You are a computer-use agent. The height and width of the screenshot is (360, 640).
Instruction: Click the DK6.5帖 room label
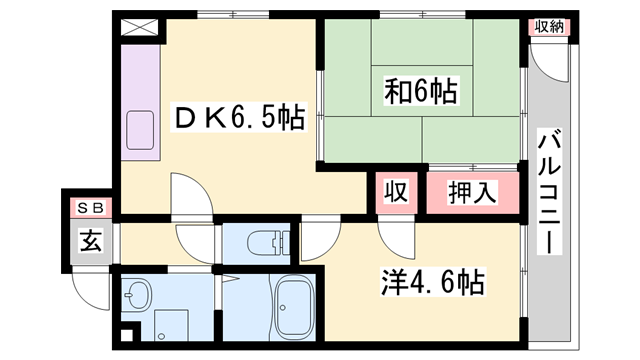[x=240, y=118]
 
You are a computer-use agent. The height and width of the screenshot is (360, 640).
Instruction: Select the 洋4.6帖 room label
[x=433, y=282]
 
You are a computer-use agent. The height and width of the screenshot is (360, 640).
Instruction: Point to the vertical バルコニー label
[x=549, y=191]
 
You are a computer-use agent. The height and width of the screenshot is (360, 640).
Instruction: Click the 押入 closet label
[x=472, y=192]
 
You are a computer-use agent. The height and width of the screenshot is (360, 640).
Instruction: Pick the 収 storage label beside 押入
[x=396, y=191]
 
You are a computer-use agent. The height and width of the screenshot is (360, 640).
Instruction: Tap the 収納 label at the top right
[x=549, y=27]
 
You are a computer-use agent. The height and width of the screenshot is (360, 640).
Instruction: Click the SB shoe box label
[x=90, y=208]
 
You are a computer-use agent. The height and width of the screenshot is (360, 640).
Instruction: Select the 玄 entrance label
[x=90, y=241]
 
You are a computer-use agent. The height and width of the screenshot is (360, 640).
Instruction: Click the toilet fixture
[x=268, y=242]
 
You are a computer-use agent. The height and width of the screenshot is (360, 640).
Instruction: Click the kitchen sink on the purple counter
[x=140, y=130]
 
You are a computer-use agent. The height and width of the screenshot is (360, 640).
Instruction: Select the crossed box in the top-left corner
[x=140, y=27]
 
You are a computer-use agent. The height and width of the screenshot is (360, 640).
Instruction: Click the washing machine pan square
[x=171, y=325]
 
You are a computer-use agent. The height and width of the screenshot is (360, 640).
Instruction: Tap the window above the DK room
[x=233, y=15]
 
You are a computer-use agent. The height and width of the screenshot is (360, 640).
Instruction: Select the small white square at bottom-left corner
[x=127, y=336]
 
